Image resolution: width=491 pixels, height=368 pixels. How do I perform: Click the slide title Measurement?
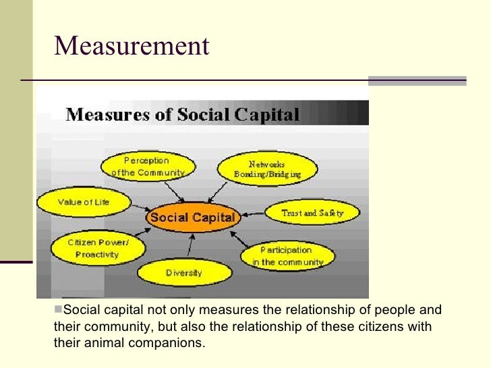(132, 46)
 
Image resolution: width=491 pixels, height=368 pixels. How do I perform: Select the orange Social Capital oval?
(192, 218)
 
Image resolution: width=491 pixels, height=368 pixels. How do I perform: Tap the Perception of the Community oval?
(148, 166)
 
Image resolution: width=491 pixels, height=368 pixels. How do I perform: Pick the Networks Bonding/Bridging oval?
(267, 168)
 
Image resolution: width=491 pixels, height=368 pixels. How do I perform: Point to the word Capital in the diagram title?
(264, 115)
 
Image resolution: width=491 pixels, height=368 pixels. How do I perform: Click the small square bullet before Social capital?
(57, 310)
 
